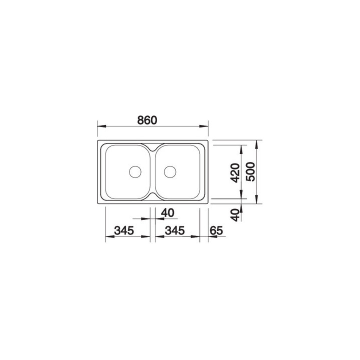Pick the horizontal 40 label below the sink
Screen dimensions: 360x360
[167, 212]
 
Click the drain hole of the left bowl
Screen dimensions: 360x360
[135, 171]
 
